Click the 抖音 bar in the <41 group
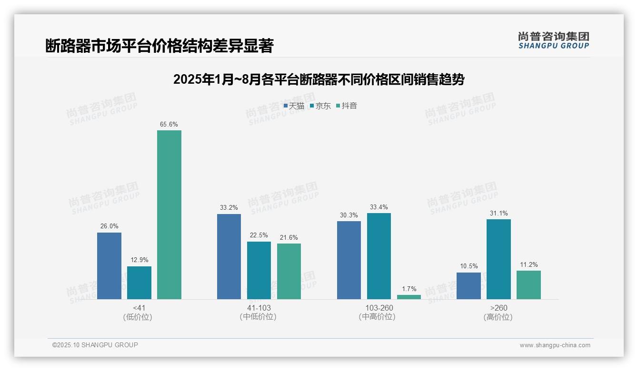click(169, 215)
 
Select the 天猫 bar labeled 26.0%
click(109, 266)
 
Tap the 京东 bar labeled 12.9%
click(139, 283)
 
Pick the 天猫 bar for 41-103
click(229, 256)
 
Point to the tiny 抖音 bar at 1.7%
click(409, 297)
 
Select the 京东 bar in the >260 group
click(498, 259)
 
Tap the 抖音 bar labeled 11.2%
click(528, 285)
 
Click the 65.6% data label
click(169, 125)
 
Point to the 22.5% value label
click(259, 235)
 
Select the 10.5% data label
click(469, 266)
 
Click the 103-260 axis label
click(379, 308)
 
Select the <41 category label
click(139, 308)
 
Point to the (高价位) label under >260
click(498, 317)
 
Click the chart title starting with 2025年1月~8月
click(319, 79)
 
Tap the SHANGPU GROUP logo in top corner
click(553, 40)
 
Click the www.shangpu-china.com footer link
click(555, 345)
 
